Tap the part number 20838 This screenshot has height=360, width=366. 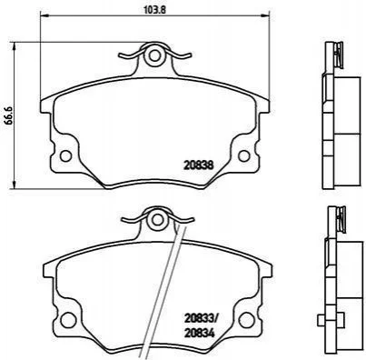click(x=199, y=165)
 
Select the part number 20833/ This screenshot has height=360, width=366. click(x=201, y=318)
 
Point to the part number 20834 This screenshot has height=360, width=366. click(x=200, y=334)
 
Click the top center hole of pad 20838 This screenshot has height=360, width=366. click(x=154, y=55)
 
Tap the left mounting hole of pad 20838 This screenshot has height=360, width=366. click(x=65, y=155)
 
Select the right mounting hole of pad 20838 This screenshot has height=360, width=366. click(x=244, y=155)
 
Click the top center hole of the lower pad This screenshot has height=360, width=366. click(x=157, y=220)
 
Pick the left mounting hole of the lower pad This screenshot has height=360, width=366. click(x=68, y=320)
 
